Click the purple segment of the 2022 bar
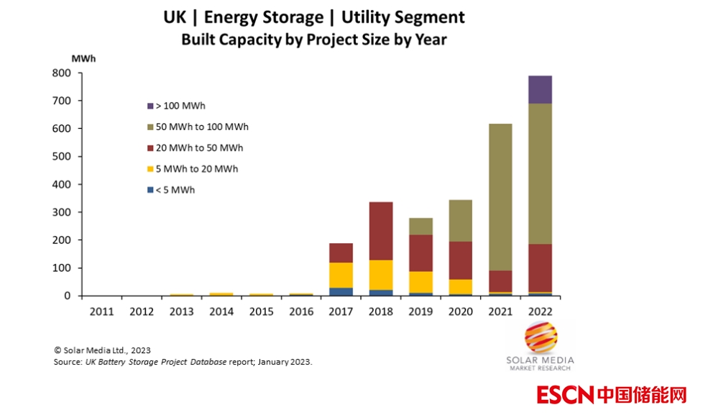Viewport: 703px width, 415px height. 540,89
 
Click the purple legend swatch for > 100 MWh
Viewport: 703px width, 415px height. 150,106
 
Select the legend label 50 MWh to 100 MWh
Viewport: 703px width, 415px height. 202,127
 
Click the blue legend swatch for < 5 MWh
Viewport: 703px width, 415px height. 150,191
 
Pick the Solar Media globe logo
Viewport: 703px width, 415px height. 541,337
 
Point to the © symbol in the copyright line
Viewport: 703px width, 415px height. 58,350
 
